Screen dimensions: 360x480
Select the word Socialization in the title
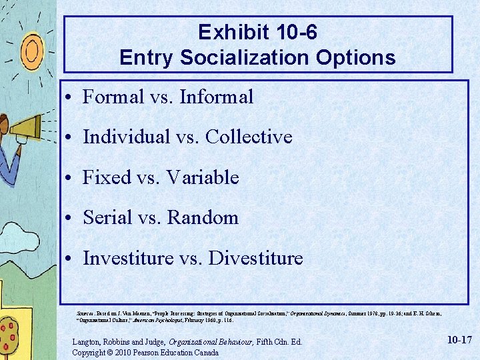[x=226, y=57]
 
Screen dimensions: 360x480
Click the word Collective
[x=249, y=137]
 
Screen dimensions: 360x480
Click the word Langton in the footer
[x=87, y=342]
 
